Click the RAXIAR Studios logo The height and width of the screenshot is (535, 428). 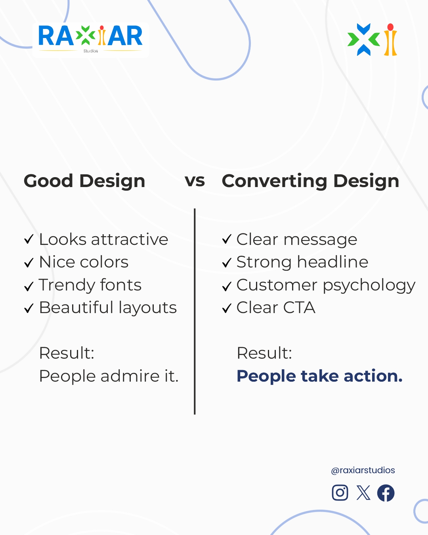pyautogui.click(x=90, y=39)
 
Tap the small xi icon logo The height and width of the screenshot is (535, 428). pyautogui.click(x=372, y=40)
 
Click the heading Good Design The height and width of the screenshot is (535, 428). pyautogui.click(x=84, y=181)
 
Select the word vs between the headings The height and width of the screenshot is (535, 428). pyautogui.click(x=195, y=181)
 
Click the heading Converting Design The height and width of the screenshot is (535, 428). pyautogui.click(x=310, y=181)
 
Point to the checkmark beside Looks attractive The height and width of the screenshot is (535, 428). pyautogui.click(x=29, y=239)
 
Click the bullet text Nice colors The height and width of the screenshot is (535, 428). pyautogui.click(x=84, y=262)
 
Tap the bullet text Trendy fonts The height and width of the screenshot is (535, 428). pyautogui.click(x=90, y=285)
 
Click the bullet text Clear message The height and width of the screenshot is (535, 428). pyautogui.click(x=297, y=240)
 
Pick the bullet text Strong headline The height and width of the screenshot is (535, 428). pyautogui.click(x=302, y=262)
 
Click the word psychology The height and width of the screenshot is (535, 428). pyautogui.click(x=369, y=286)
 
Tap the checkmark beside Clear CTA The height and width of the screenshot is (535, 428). pyautogui.click(x=227, y=308)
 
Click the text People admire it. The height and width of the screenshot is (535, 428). pyautogui.click(x=109, y=376)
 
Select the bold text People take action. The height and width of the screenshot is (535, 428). pyautogui.click(x=319, y=376)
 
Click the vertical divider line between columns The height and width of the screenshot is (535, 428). pyautogui.click(x=195, y=311)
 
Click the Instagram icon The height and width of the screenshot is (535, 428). pyautogui.click(x=340, y=493)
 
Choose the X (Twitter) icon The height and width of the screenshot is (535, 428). pyautogui.click(x=363, y=493)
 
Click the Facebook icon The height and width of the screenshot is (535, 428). pyautogui.click(x=386, y=493)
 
